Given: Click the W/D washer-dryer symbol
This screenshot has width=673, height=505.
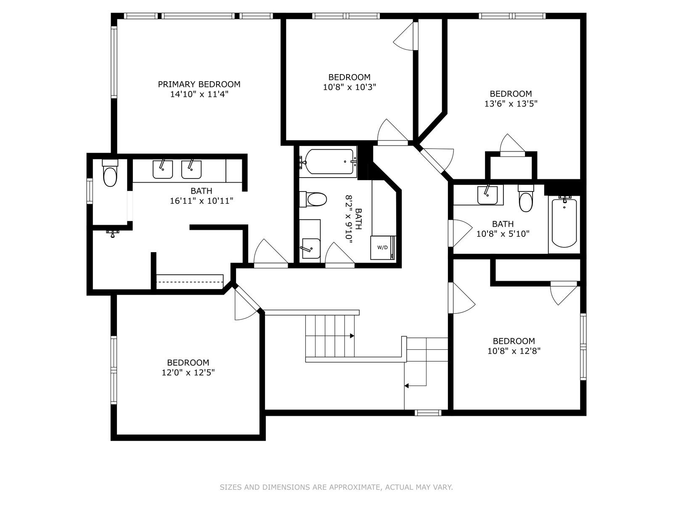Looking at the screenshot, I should click(x=383, y=247).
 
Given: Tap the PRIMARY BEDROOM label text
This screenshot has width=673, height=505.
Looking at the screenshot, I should click(x=199, y=84).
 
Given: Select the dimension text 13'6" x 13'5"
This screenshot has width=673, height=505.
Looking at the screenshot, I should click(x=511, y=104).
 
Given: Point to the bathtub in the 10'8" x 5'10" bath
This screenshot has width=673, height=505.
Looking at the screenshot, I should click(x=564, y=223).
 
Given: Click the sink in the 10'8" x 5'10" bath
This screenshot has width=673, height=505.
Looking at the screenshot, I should click(x=488, y=195).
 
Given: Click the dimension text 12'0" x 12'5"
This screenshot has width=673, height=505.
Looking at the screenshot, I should click(x=188, y=372).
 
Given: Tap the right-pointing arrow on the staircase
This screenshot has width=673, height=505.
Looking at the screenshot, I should click(x=351, y=335).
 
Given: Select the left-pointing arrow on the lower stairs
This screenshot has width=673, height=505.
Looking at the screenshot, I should click(x=407, y=385).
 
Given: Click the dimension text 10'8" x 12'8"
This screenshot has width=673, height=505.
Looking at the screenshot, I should click(x=514, y=351).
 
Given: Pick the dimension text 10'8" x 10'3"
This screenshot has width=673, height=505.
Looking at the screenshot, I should click(x=349, y=87).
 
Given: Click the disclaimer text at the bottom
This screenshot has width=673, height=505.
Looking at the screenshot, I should click(x=336, y=487).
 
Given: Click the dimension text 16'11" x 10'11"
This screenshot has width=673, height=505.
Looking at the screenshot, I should click(x=201, y=201).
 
